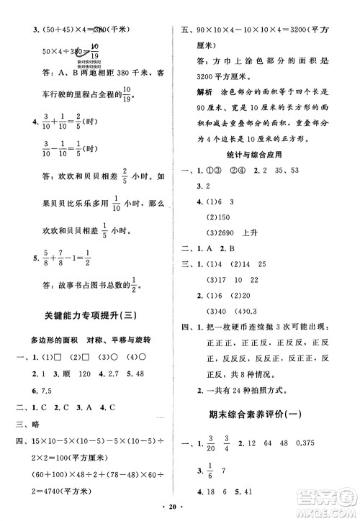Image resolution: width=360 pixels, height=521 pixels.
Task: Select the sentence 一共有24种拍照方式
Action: click(x=249, y=373)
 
